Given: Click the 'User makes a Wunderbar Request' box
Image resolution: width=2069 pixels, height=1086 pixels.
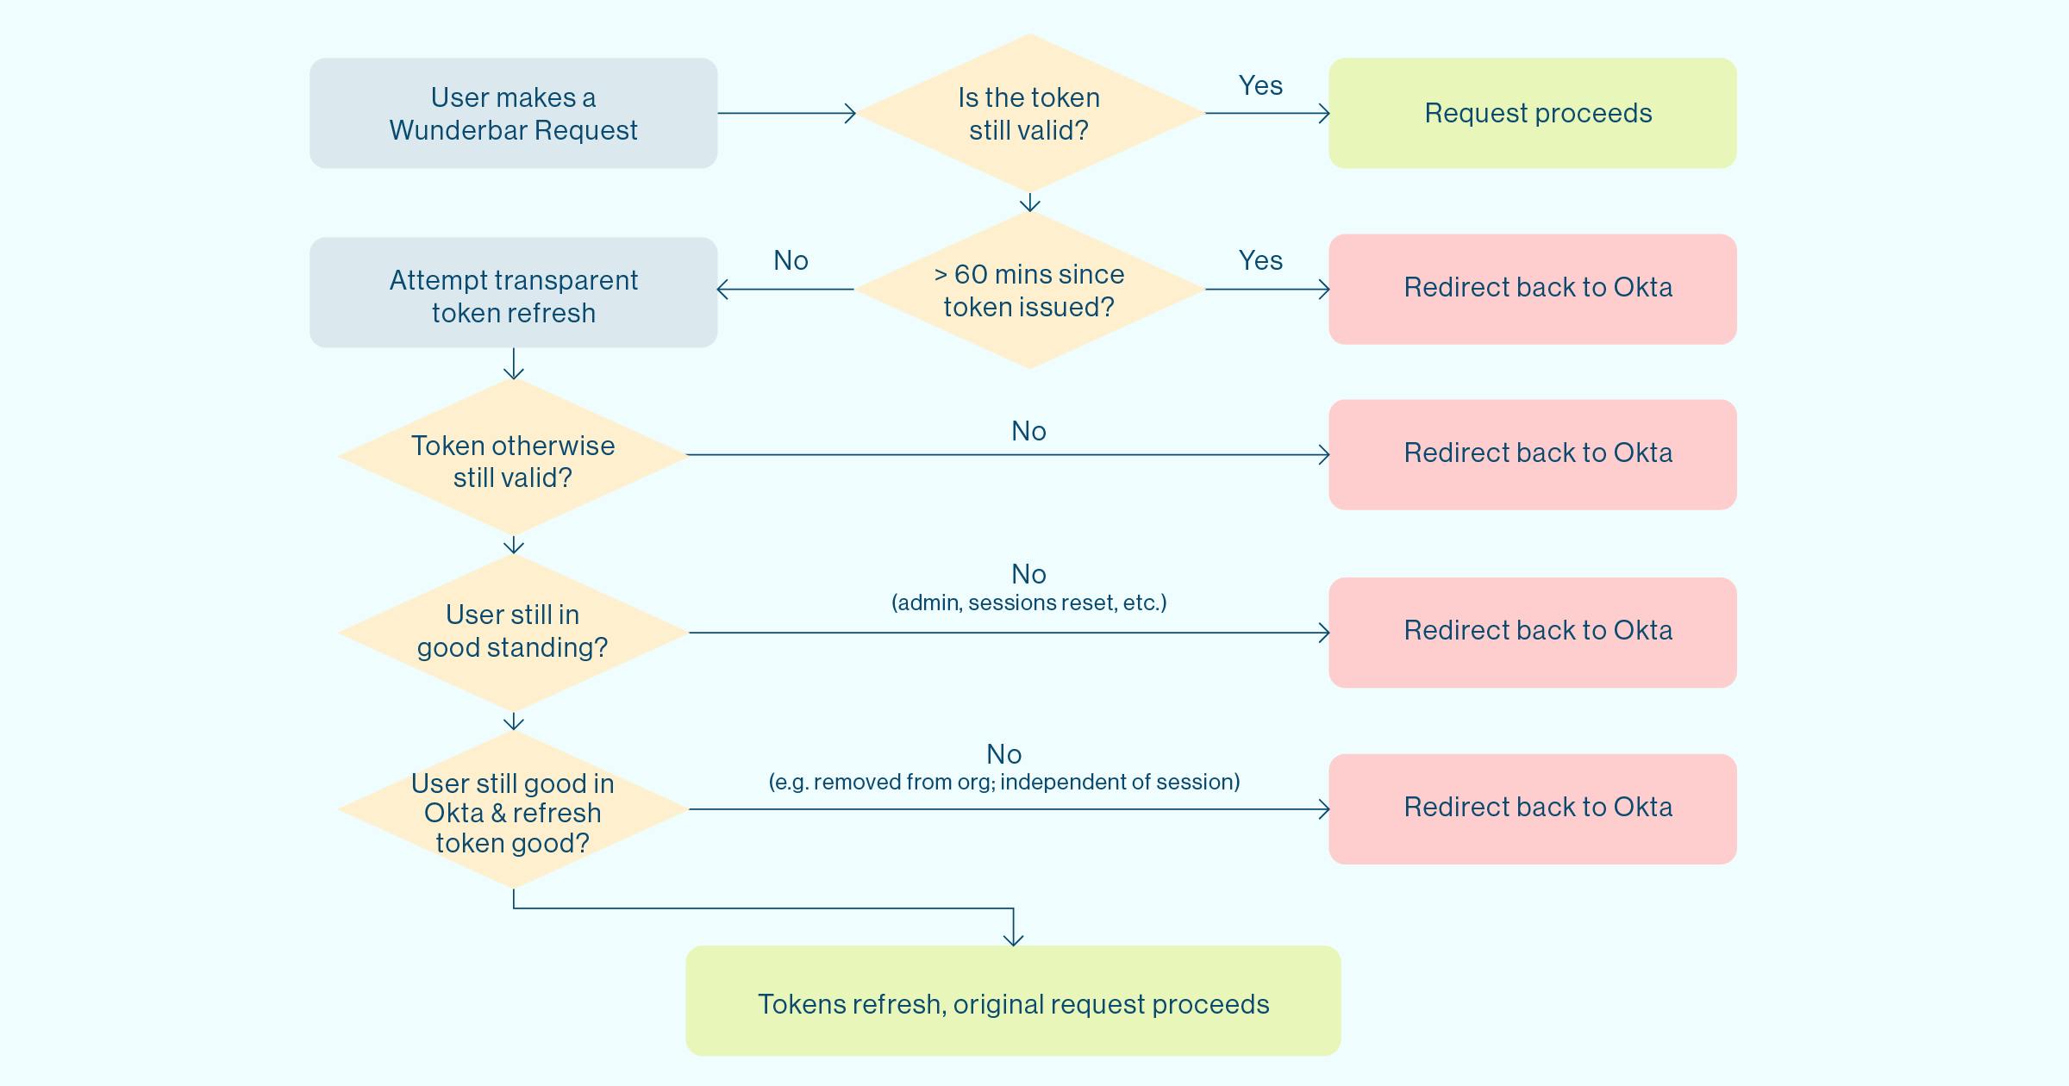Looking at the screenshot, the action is coord(513,113).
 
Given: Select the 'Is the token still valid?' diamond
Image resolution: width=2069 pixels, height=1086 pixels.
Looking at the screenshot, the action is coord(1029,113).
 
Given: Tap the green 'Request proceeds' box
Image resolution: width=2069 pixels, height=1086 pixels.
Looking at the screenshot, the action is coord(1532,113).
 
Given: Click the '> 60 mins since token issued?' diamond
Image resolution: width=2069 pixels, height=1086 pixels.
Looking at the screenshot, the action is coord(1029,290).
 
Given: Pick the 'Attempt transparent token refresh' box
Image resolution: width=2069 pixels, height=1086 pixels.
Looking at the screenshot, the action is coord(513,292).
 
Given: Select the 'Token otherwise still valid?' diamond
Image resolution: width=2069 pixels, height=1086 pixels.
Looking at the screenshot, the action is coord(513,457).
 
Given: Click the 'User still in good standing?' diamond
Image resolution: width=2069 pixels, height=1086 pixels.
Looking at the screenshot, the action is coord(513,633).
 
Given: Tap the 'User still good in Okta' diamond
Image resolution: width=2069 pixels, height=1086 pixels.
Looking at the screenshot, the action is coord(513,809).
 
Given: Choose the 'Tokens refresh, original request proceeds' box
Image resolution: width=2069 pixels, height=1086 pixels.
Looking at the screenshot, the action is coord(1013,1001).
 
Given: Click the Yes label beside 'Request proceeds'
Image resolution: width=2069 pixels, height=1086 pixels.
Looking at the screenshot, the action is coord(1260,85).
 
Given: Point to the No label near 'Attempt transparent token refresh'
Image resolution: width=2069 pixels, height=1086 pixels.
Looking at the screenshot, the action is coord(791,260).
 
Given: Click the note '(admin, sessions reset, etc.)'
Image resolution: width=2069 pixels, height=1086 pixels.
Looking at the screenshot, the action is coord(1028,602).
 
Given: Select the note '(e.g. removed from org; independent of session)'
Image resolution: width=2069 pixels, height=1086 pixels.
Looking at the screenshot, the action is coord(1004,782).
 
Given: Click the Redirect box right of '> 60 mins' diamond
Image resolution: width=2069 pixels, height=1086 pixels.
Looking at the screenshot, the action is coord(1532,289).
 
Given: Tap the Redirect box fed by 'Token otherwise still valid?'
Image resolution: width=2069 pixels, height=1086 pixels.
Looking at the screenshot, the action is coord(1532,454).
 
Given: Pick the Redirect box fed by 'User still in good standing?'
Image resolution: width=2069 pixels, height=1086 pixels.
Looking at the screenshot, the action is coord(1532,633).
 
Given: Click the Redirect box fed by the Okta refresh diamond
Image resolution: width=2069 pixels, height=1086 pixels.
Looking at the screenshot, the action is coord(1532,809).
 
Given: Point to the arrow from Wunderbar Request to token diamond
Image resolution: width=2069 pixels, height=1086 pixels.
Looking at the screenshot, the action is coord(786,113).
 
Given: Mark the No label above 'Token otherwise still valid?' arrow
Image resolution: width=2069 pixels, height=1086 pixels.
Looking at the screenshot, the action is coord(1028,431).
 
